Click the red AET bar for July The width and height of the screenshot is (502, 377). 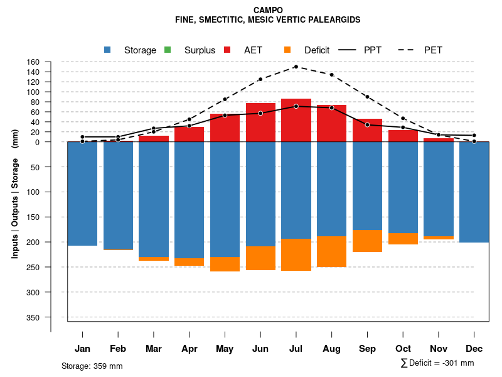tap(296, 121)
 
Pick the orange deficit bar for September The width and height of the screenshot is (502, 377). tap(367, 241)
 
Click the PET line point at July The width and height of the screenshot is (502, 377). tap(296, 67)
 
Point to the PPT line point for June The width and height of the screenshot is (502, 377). tap(260, 113)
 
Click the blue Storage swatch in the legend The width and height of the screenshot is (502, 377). tap(108, 50)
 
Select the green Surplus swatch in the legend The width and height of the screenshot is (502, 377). tap(168, 50)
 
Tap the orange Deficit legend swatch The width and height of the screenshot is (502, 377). tap(287, 50)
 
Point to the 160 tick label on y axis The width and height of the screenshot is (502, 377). tap(33, 62)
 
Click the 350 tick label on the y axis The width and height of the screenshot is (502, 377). tap(33, 317)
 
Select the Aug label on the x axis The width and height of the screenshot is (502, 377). tap(331, 349)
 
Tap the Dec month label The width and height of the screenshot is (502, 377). tap(474, 349)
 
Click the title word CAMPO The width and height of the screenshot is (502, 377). tap(268, 10)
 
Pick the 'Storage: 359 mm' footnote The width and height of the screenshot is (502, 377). tap(92, 366)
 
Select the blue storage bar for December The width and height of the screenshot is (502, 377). tap(474, 192)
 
